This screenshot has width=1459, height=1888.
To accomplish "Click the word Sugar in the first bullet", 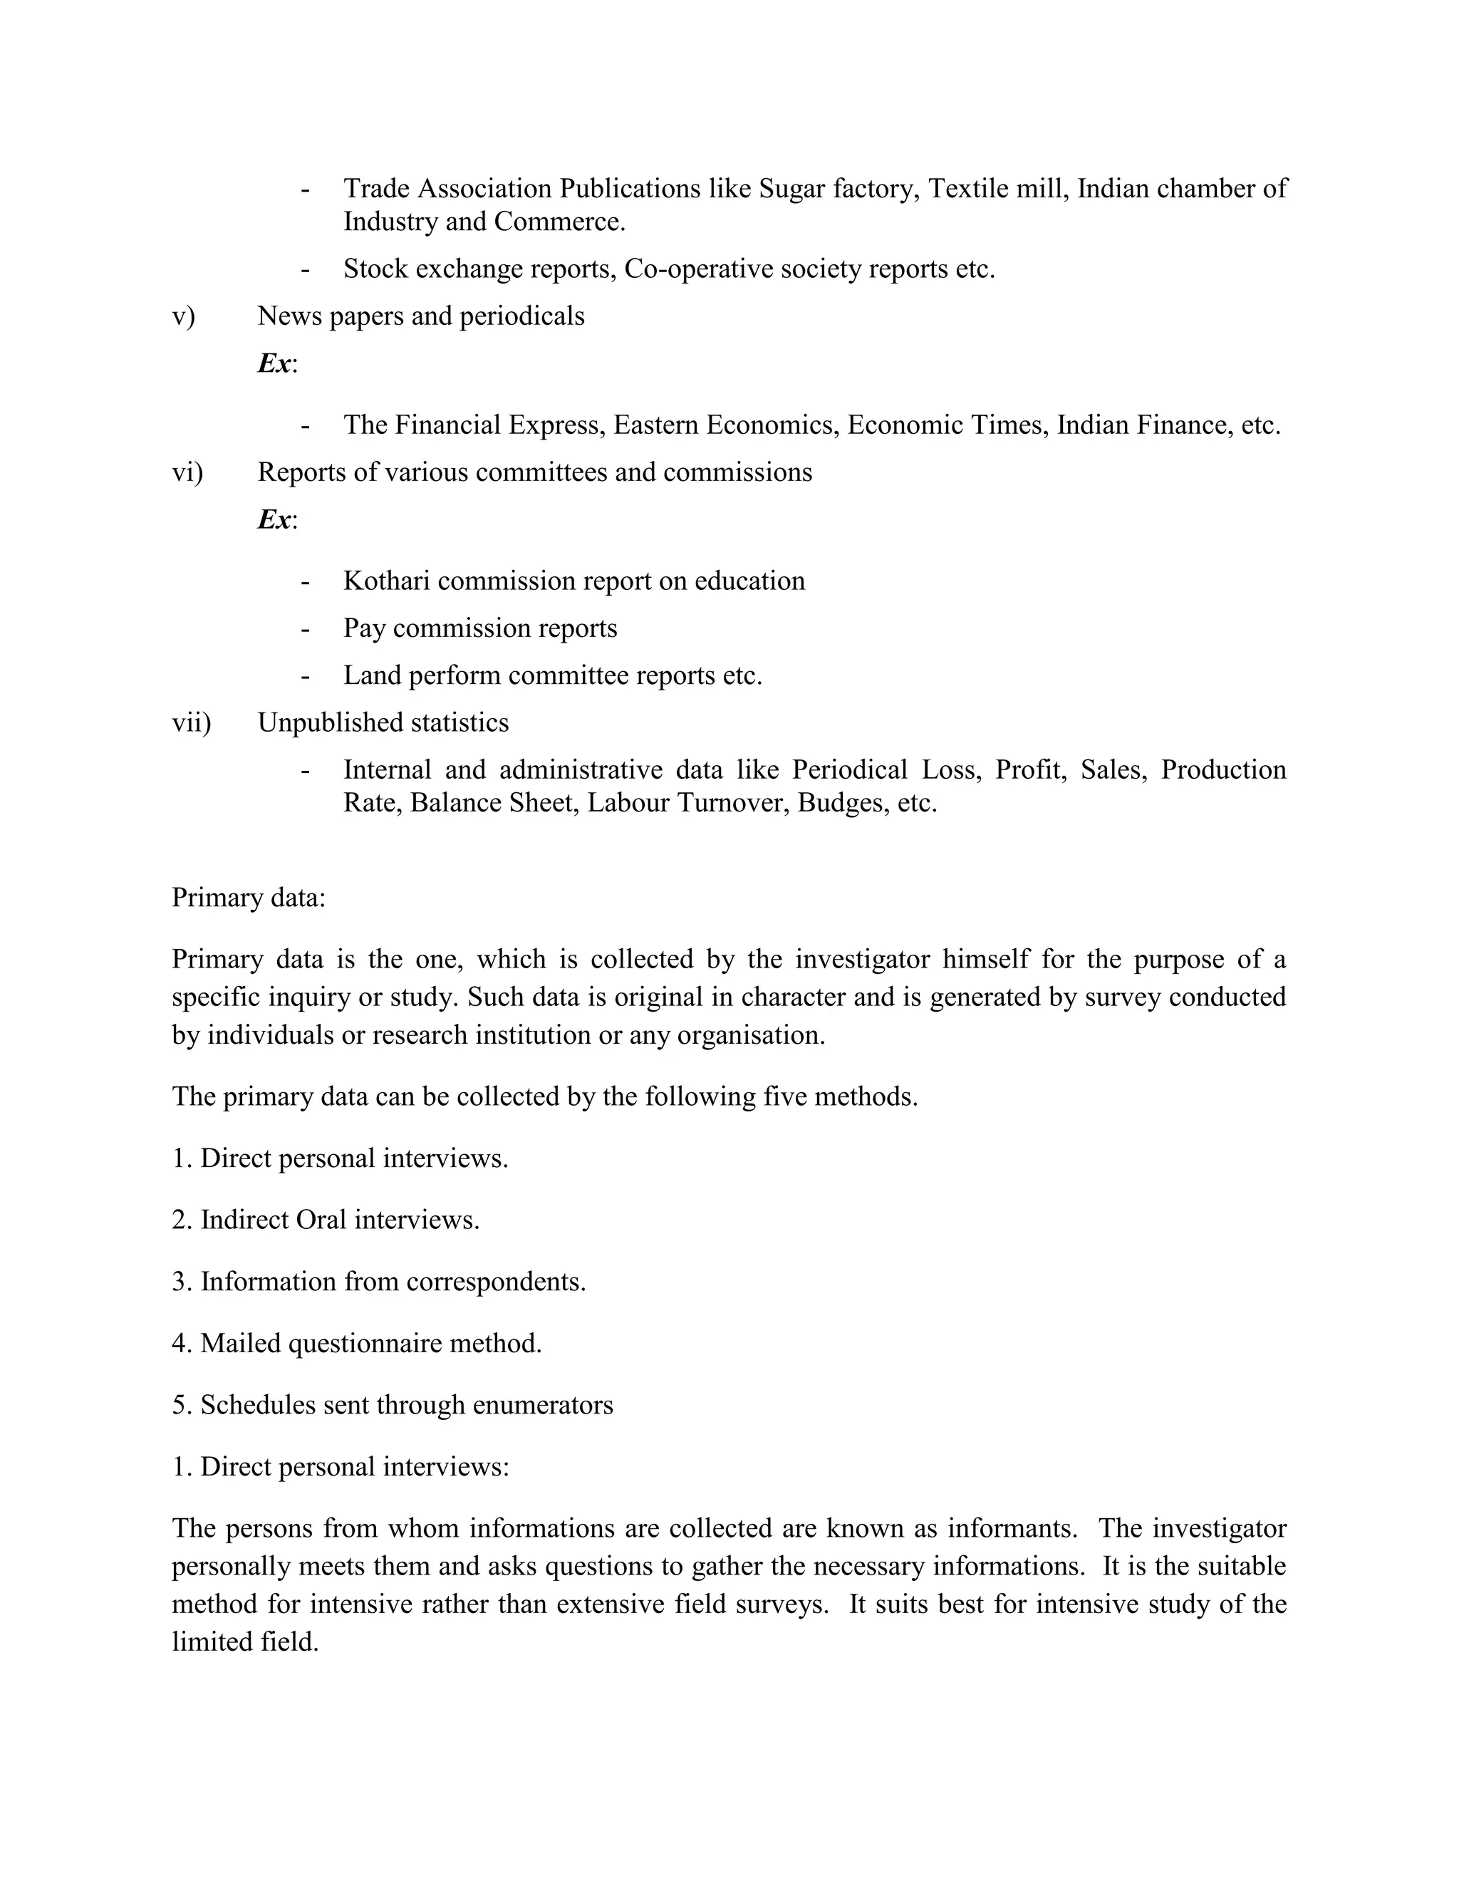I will [791, 189].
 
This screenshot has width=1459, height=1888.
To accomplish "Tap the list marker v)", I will [183, 316].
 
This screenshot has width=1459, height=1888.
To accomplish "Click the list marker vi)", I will [187, 473].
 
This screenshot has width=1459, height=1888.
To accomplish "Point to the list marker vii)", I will [191, 722].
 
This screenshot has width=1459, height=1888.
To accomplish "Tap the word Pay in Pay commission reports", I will [364, 628].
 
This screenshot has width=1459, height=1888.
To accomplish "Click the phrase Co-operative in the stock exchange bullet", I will [697, 270].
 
